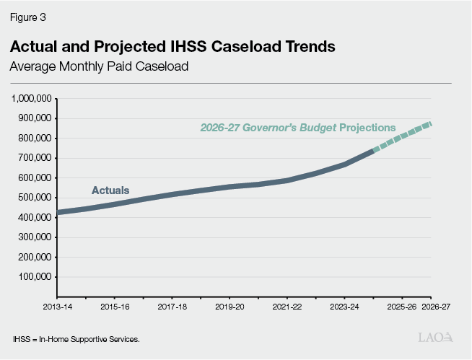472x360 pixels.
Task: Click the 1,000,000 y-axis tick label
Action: coord(30,98)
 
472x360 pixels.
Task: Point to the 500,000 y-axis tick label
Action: coord(33,197)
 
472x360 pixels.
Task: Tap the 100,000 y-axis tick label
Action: coord(33,276)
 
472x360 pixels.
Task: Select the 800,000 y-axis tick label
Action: coord(33,138)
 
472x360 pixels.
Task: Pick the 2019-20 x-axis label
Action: coord(229,307)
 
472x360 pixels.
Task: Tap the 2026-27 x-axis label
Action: coord(435,307)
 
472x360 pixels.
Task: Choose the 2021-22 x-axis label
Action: coord(287,307)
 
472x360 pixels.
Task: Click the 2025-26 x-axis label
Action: coord(401,307)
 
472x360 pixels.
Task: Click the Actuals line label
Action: coord(110,190)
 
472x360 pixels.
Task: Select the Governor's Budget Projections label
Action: coord(297,128)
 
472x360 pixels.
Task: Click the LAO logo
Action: coord(436,338)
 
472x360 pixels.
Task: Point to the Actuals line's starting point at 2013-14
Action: coord(57,213)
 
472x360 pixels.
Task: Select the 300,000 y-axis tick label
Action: coord(33,237)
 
